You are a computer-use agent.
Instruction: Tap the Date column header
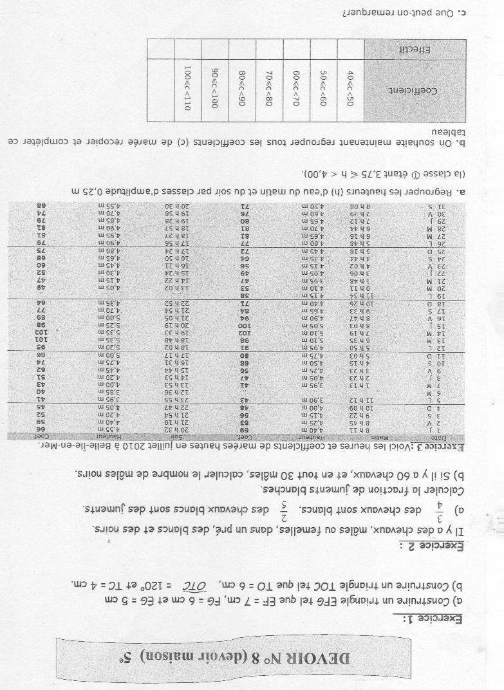pos(474,437)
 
